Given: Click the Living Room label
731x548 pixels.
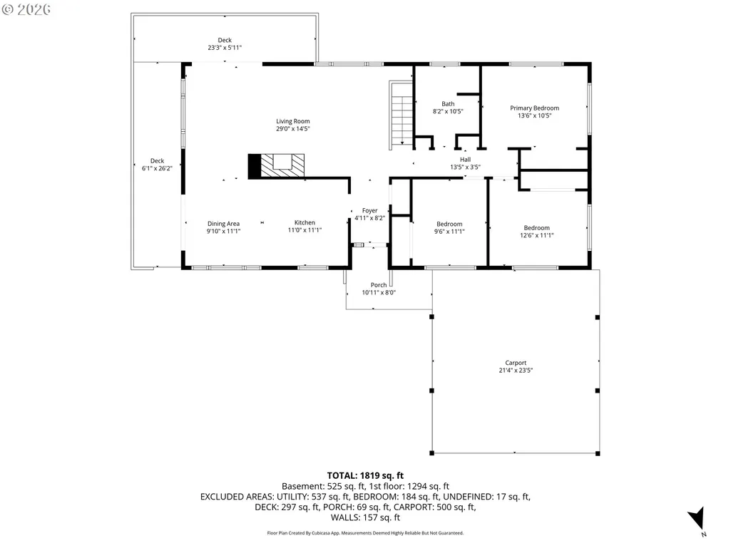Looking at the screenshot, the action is pos(293,121).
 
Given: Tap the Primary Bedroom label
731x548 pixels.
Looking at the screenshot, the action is pos(534,108).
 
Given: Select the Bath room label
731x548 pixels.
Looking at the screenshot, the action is pos(448,104).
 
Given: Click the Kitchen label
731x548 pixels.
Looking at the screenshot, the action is pos(305,223).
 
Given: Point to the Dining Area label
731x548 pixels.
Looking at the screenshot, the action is pos(223,224).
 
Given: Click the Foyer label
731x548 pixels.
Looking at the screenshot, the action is pos(369,211).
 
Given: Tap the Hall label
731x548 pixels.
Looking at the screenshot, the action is pos(465,160).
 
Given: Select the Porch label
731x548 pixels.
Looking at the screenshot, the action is pos(379,285).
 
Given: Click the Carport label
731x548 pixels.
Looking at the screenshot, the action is pos(516,363).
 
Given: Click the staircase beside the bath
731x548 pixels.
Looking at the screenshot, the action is pos(401,115).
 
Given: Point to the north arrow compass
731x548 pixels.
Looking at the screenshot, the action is pos(697,519).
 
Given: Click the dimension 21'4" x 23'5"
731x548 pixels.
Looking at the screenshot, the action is pos(516,371).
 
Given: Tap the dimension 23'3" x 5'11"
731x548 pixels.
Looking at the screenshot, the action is pos(225,48).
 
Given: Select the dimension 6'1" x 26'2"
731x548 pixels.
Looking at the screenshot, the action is pos(157,168).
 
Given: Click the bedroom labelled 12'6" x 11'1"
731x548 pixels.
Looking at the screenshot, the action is pos(536,232).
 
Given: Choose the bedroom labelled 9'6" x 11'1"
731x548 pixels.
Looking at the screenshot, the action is pos(449,228).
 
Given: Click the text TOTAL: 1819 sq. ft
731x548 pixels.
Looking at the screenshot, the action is pos(365,476).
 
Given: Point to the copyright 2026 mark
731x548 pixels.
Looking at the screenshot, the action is pos(26,9).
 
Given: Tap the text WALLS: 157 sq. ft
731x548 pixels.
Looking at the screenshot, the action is pos(365,517).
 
